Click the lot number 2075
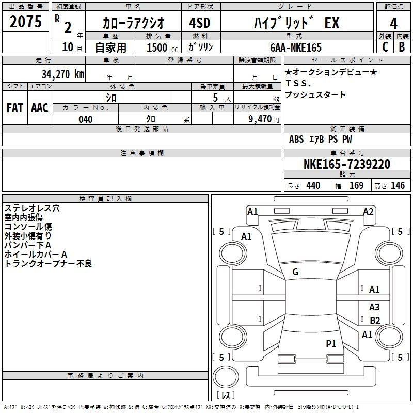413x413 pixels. pyautogui.click(x=25, y=22)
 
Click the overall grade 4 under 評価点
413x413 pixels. pyautogui.click(x=393, y=24)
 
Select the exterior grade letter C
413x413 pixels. pyautogui.click(x=385, y=47)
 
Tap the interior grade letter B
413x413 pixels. pyautogui.click(x=402, y=47)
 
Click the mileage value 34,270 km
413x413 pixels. pyautogui.click(x=63, y=74)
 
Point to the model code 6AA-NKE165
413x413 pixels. pyautogui.click(x=296, y=47)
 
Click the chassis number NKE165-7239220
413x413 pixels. pyautogui.click(x=346, y=164)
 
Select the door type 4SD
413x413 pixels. pyautogui.click(x=200, y=23)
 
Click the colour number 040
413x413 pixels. pyautogui.click(x=86, y=119)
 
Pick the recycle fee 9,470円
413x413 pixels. pyautogui.click(x=264, y=119)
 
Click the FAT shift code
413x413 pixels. pyautogui.click(x=15, y=108)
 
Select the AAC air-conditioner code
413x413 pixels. pyautogui.click(x=40, y=108)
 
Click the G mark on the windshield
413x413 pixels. pyautogui.click(x=295, y=272)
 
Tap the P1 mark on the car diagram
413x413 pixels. pyautogui.click(x=331, y=343)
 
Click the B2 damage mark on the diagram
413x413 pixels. pyautogui.click(x=375, y=320)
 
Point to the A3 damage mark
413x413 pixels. pyautogui.click(x=374, y=307)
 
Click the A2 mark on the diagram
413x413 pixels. pyautogui.click(x=368, y=212)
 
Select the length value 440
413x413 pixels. pyautogui.click(x=313, y=185)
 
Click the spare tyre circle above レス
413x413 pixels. pyautogui.click(x=226, y=376)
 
